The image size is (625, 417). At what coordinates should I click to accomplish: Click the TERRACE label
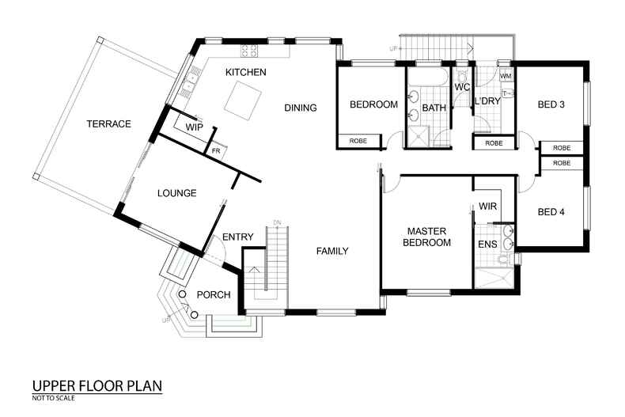point(108,123)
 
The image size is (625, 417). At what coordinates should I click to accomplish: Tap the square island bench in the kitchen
point(240,99)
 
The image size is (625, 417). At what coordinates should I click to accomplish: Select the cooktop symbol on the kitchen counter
point(250,51)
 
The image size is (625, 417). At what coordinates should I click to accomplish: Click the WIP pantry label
point(195,127)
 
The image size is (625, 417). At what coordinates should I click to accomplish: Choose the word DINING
point(300,108)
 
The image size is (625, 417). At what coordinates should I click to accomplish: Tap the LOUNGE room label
point(176,192)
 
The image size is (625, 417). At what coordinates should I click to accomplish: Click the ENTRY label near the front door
point(237,237)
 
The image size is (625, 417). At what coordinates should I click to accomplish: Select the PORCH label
point(213,295)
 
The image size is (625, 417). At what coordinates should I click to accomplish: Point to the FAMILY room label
point(332,251)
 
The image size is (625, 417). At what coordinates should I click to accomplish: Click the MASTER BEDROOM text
point(428,237)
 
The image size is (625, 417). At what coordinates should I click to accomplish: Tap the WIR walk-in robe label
point(487,207)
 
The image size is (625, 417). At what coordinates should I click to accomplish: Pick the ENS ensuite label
point(487,245)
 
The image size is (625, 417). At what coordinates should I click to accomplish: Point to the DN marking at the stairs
point(277,222)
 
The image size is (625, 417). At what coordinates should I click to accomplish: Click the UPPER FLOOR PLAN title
point(97,386)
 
